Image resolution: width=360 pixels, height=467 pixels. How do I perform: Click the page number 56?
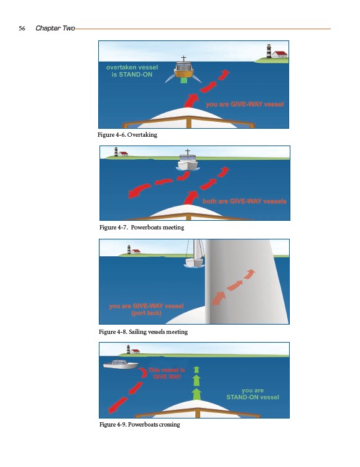(22, 29)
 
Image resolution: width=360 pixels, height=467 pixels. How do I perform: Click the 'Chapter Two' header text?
(55, 28)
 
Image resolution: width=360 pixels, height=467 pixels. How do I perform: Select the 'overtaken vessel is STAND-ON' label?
(132, 71)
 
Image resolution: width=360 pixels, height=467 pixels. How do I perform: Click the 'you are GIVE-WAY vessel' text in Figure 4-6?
(245, 104)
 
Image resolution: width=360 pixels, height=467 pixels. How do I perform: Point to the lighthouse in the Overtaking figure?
(269, 51)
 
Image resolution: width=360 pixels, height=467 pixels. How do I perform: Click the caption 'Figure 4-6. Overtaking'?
(127, 134)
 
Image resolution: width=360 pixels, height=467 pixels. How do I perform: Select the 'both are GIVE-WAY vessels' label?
(244, 201)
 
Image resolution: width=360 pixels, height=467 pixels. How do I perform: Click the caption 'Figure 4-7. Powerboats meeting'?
(142, 227)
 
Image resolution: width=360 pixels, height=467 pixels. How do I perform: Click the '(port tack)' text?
(147, 313)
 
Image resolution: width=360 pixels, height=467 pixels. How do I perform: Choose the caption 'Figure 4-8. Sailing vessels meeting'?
(143, 332)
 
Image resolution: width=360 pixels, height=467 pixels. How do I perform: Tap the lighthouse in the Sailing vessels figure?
(129, 249)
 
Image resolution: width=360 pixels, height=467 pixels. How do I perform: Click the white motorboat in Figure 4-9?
(120, 364)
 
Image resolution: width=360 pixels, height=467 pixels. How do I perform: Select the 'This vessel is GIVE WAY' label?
(167, 373)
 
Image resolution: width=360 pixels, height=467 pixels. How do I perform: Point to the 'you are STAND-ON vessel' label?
(253, 394)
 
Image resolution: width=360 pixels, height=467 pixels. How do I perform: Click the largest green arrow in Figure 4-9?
(196, 394)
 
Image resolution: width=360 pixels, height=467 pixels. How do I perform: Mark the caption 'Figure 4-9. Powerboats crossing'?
(140, 425)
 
